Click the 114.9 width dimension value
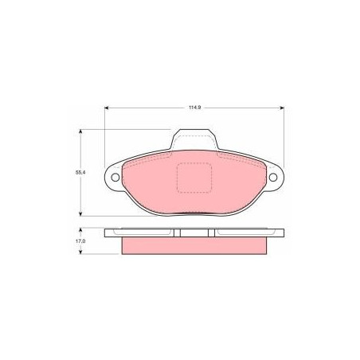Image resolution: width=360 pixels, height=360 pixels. pyautogui.click(x=194, y=108)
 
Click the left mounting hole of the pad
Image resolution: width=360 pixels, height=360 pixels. pyautogui.click(x=115, y=178)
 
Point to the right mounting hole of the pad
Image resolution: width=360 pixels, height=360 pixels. pyautogui.click(x=273, y=178)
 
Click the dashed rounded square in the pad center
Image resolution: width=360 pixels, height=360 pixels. pyautogui.click(x=194, y=178)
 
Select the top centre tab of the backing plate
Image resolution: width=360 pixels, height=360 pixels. pyautogui.click(x=194, y=139)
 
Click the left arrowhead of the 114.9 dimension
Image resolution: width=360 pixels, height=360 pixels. pyautogui.click(x=107, y=108)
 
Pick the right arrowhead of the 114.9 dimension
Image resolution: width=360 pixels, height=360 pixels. pyautogui.click(x=282, y=108)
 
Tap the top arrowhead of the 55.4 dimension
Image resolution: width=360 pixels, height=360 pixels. pyautogui.click(x=80, y=131)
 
